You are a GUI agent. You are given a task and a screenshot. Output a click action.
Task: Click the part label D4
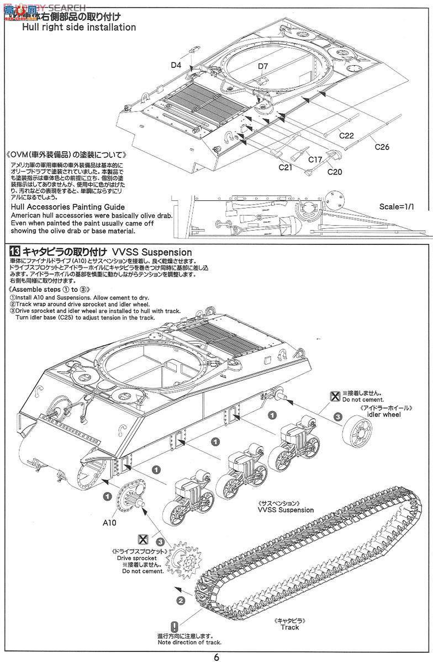[x=176, y=65]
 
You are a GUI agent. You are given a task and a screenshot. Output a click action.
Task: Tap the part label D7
[x=263, y=67]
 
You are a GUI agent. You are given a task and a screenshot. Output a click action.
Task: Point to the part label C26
[x=382, y=147]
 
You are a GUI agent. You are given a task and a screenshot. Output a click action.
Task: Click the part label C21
[x=285, y=167]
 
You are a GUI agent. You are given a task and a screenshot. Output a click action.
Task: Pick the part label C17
[x=315, y=160]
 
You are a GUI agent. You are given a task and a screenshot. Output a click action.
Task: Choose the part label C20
[x=335, y=172]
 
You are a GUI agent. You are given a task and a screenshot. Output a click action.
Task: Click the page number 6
[x=217, y=656]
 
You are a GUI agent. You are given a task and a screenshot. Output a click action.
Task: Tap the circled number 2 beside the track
[x=180, y=600]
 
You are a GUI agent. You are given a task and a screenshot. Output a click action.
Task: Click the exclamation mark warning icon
[x=175, y=627]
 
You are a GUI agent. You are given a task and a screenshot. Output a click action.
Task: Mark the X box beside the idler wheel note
[x=334, y=395]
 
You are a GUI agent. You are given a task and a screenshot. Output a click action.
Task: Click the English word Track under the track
[x=289, y=627]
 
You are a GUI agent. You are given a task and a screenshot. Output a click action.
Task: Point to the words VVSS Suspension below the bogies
[x=286, y=510]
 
